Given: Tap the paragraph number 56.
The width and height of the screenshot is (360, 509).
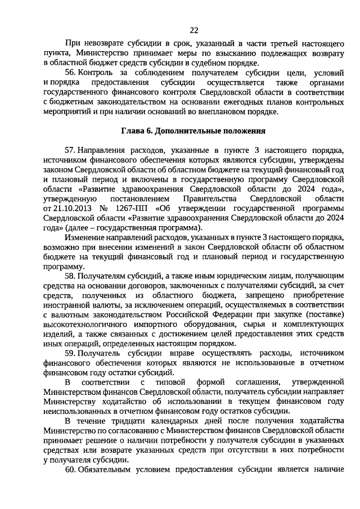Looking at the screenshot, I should (71, 73).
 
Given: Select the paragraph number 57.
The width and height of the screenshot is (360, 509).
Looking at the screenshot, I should (71, 150).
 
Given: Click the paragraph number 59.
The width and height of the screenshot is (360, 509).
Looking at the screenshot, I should (71, 353).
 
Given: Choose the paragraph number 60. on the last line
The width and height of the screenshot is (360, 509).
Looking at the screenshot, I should (71, 469).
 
